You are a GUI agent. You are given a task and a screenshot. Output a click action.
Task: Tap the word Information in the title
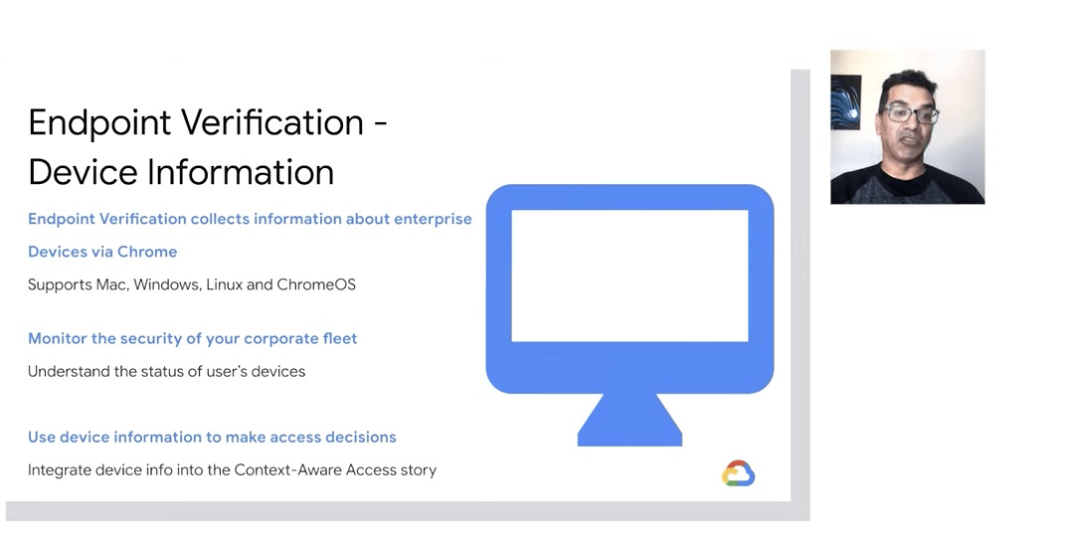(x=241, y=172)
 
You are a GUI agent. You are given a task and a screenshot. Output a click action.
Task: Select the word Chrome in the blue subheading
(x=147, y=252)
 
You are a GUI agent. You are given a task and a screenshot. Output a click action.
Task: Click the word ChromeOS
(x=316, y=284)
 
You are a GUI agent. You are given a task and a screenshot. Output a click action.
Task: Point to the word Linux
(x=224, y=284)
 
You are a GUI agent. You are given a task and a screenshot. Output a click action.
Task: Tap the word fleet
(x=340, y=339)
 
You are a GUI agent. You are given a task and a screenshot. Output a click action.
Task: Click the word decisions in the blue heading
(x=362, y=438)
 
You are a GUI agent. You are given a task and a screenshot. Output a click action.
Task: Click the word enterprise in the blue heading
(x=433, y=220)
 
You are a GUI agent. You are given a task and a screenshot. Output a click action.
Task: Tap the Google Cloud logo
(x=738, y=473)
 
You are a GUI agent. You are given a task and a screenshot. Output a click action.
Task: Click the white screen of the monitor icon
(x=629, y=275)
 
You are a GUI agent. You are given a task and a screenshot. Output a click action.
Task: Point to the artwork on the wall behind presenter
(x=845, y=102)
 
